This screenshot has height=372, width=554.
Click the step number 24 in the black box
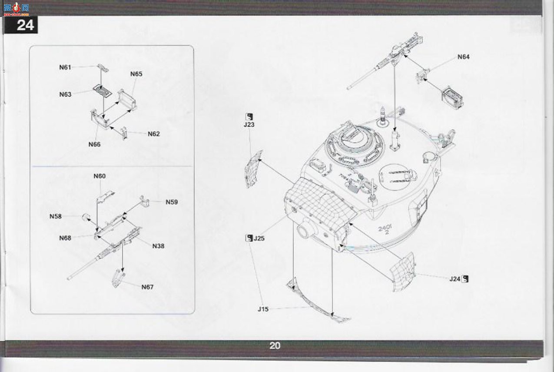click(25, 25)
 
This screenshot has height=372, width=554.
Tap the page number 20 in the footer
click(275, 345)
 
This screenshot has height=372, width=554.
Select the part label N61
click(65, 67)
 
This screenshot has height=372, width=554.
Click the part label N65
click(136, 74)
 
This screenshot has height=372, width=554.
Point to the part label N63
click(65, 94)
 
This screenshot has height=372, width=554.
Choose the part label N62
click(154, 134)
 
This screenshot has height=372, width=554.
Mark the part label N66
click(94, 144)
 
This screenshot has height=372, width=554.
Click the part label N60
click(100, 176)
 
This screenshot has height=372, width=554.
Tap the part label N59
click(172, 202)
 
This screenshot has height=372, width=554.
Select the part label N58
click(56, 216)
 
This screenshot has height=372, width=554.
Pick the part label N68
click(65, 238)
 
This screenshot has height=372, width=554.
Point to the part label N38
click(158, 246)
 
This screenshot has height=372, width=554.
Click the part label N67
click(147, 287)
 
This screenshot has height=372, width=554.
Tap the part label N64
click(464, 57)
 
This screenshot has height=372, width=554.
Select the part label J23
click(249, 124)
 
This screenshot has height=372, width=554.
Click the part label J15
click(263, 309)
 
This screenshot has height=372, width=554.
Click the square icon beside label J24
click(465, 279)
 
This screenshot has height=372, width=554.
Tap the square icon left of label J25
click(249, 238)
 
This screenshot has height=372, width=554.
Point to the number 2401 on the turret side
click(385, 228)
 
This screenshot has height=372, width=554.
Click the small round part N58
click(86, 217)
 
